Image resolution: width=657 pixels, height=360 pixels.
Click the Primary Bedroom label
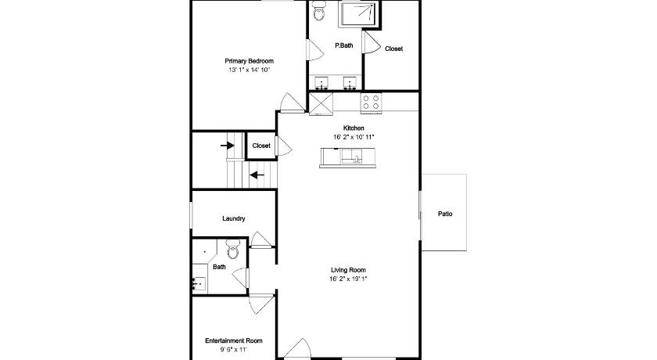(249, 61)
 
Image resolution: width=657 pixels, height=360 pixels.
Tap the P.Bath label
(343, 45)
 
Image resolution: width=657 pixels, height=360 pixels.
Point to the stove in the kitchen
(371, 103)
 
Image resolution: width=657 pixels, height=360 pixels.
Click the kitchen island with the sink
(347, 157)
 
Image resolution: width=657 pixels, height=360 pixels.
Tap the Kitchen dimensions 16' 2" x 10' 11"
(354, 137)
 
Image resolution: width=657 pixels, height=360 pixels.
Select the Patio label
(445, 214)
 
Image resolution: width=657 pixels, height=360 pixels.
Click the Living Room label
(348, 270)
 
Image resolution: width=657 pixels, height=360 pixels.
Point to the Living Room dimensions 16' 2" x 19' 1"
(348, 279)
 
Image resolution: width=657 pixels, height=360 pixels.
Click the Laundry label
(233, 218)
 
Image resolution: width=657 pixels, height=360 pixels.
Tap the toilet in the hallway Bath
(232, 249)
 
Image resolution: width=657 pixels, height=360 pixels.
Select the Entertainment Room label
(234, 340)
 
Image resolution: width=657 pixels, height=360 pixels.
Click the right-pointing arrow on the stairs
(227, 146)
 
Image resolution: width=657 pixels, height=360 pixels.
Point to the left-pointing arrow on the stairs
(257, 175)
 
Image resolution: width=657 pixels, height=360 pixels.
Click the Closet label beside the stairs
(261, 146)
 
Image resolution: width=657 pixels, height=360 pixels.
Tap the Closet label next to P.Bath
(393, 49)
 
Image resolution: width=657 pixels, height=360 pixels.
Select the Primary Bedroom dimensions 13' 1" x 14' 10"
(249, 70)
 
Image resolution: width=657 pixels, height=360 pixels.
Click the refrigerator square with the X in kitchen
(321, 103)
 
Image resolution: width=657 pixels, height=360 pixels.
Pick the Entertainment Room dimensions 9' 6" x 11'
(234, 350)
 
